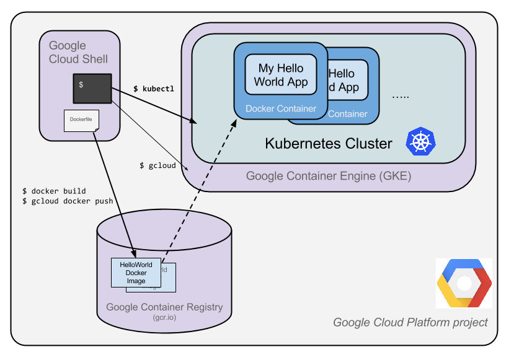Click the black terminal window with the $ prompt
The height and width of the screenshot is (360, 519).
(x=92, y=88)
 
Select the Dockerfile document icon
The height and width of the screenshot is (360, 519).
(x=81, y=120)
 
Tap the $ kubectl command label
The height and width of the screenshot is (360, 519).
(x=154, y=89)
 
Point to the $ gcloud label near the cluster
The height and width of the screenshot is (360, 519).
(x=157, y=165)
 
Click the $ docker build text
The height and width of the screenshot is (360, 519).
(x=54, y=191)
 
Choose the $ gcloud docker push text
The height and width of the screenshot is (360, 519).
(x=68, y=202)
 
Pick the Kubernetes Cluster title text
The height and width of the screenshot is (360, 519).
(x=329, y=144)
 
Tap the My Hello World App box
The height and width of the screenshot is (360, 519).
(x=280, y=75)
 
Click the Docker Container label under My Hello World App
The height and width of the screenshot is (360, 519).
(x=281, y=108)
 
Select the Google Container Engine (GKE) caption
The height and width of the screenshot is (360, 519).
(x=328, y=176)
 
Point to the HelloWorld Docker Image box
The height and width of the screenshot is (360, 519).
(x=136, y=273)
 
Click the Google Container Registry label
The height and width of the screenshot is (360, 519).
(x=164, y=307)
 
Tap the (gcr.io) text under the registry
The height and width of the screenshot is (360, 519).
(x=164, y=318)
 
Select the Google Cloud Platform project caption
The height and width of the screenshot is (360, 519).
(x=410, y=322)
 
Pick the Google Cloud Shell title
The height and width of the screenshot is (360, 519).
(x=78, y=53)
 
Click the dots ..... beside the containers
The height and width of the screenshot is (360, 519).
(x=401, y=97)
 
